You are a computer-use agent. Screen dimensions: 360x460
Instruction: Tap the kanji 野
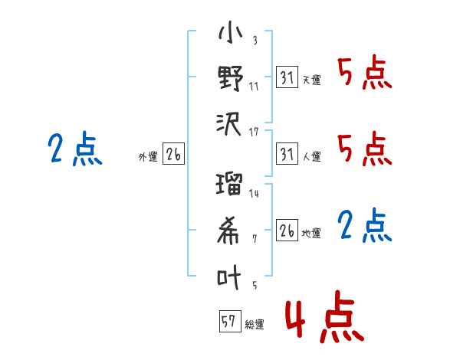[230, 79]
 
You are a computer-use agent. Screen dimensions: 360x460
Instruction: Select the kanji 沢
[230, 122]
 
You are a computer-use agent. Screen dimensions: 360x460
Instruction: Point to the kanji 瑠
[230, 186]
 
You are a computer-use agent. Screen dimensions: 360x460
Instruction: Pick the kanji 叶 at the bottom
[230, 277]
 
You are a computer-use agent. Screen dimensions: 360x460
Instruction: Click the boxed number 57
[228, 322]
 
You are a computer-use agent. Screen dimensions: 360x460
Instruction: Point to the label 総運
[255, 325]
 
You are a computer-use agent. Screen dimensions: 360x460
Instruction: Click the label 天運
[312, 80]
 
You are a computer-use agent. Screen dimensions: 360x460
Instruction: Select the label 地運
[312, 232]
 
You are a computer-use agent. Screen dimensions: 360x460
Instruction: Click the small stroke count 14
[254, 194]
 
